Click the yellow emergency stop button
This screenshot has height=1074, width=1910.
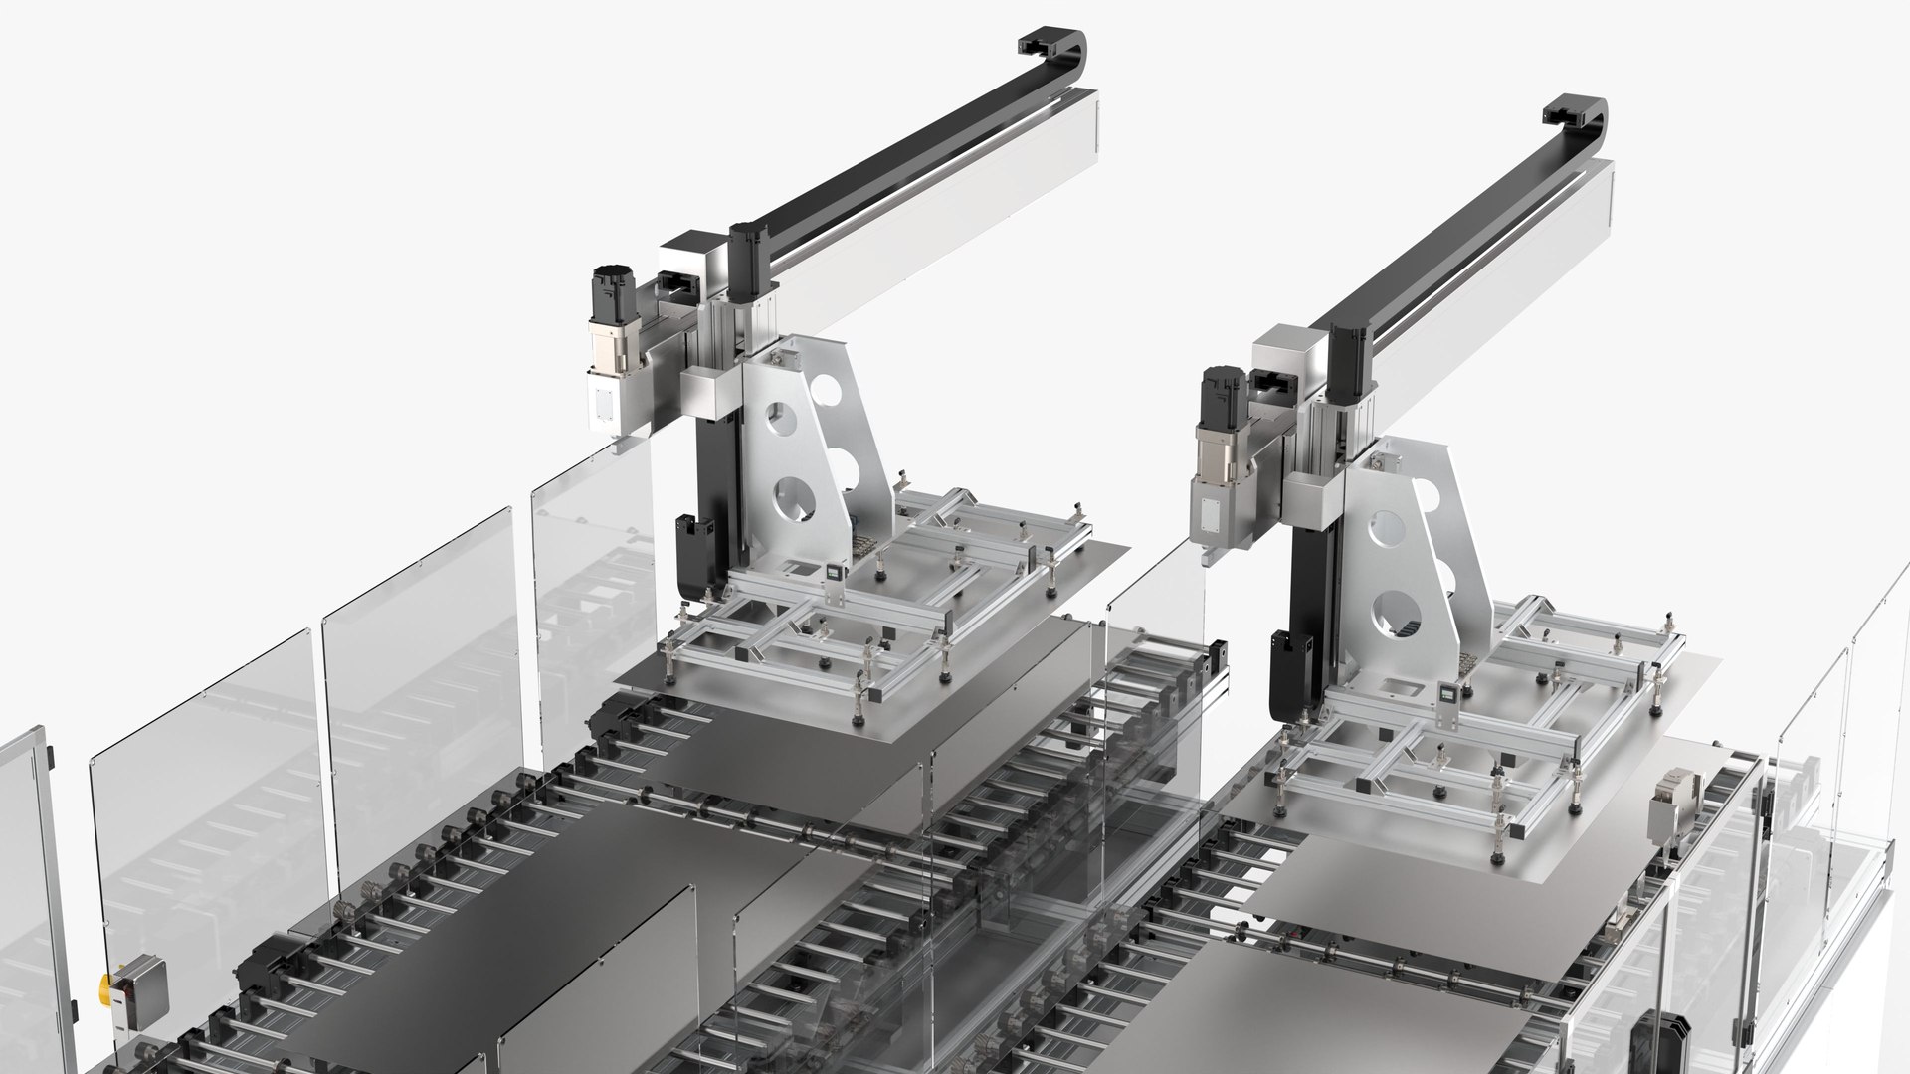[x=105, y=989]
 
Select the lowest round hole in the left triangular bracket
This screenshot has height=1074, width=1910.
[x=796, y=497]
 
